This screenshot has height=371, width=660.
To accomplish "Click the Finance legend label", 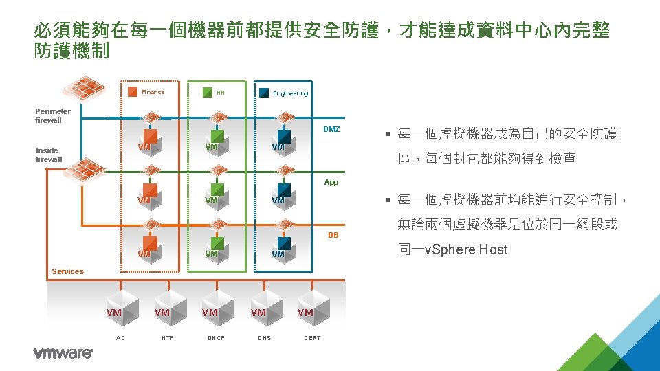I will (153, 92).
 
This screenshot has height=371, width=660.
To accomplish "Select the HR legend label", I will (220, 93).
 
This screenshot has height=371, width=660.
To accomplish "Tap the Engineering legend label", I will (290, 93).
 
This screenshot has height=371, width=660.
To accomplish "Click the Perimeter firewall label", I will (53, 115).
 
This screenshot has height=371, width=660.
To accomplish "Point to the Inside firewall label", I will (49, 155).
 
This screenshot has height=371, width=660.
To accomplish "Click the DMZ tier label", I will (331, 129).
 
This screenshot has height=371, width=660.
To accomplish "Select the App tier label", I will (331, 183).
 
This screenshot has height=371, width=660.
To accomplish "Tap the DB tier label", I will (333, 235).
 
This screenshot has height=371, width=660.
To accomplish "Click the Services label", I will (67, 271).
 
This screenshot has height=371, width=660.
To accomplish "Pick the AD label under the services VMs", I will (121, 338).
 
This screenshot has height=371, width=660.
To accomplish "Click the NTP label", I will (168, 338).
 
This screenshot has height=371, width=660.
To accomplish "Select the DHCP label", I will (216, 338).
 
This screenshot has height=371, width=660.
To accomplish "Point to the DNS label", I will (264, 338).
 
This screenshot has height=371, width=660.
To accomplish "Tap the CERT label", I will (313, 338).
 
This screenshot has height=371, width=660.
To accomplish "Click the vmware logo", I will (63, 353).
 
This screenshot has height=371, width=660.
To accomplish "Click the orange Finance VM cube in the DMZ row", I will (150, 139).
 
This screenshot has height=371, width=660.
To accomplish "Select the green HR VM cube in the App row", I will (217, 193).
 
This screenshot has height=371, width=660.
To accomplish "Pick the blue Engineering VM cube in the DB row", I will (283, 247).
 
